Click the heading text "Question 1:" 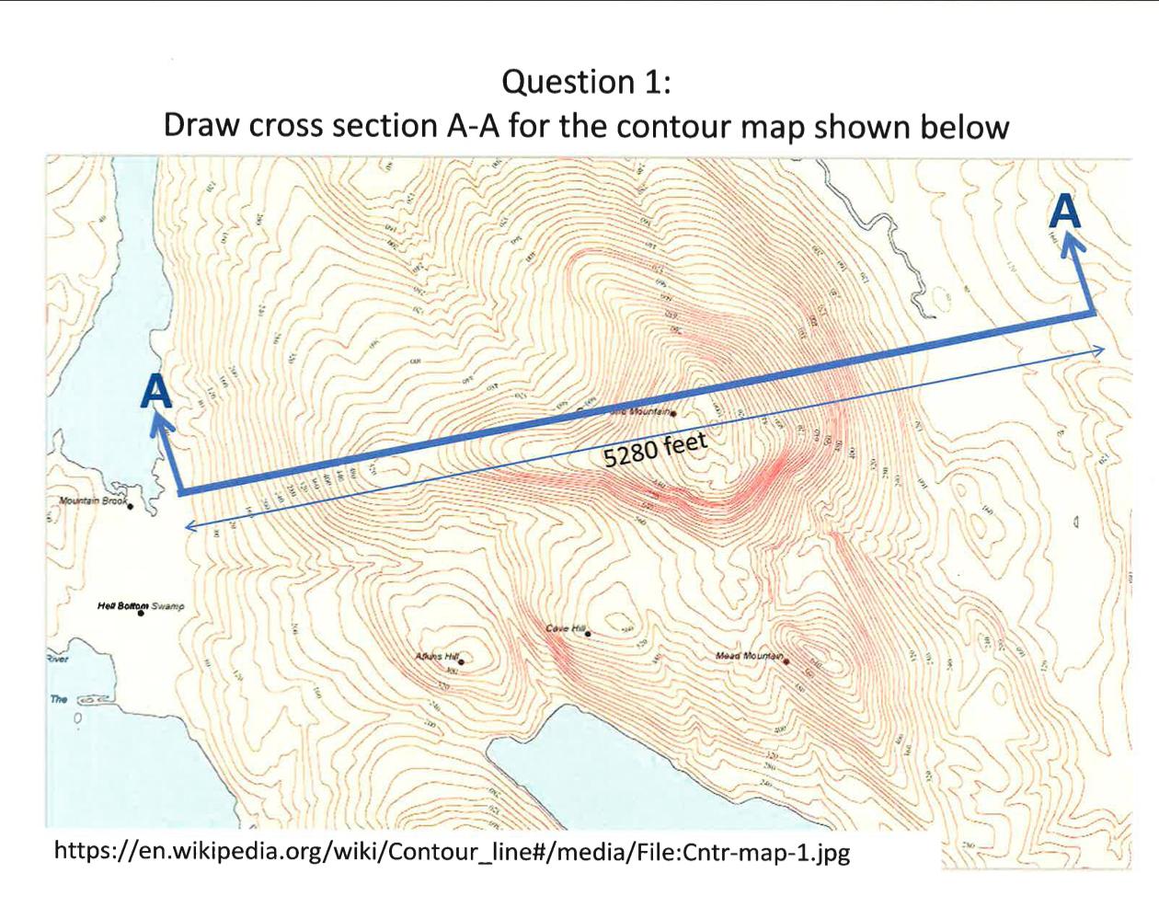[x=586, y=82]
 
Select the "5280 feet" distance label [x=655, y=450]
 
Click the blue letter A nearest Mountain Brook [x=157, y=393]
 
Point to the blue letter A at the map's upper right [x=1064, y=211]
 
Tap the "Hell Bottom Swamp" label [x=140, y=606]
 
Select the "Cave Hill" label [x=565, y=628]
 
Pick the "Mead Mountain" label [x=749, y=656]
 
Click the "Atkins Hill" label [x=436, y=656]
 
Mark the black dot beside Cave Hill [x=589, y=634]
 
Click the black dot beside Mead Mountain [x=787, y=660]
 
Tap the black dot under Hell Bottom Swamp [x=141, y=614]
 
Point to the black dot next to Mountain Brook [x=131, y=506]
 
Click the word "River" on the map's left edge [x=58, y=659]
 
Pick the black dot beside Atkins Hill [x=462, y=660]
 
